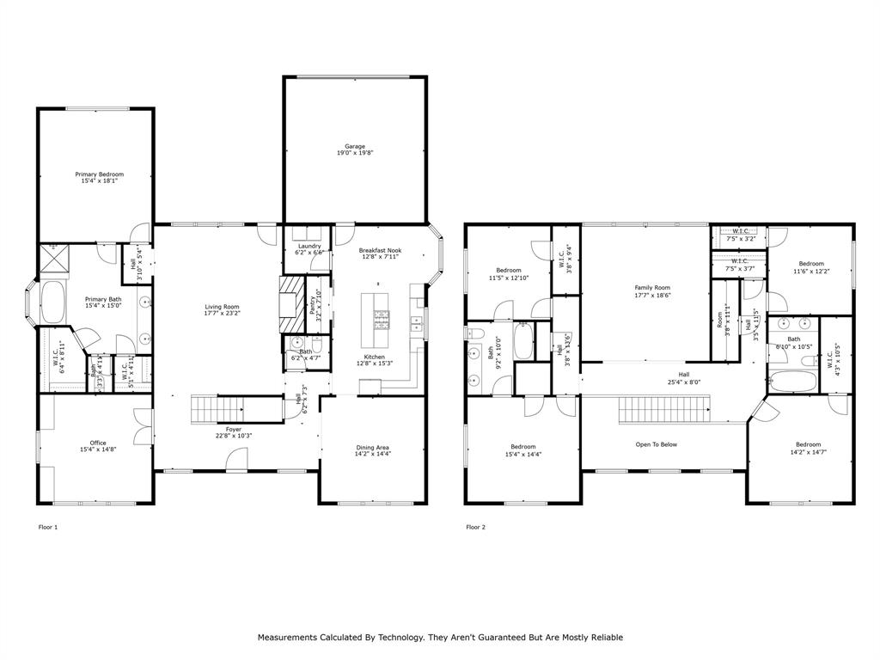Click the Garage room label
tap(354, 147)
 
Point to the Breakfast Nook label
tap(380, 250)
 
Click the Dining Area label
tap(373, 448)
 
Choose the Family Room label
tap(652, 288)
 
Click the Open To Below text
tap(657, 444)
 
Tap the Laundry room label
tap(308, 245)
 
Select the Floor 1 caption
tap(48, 527)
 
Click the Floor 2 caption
tap(475, 527)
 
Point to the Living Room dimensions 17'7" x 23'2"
tap(222, 314)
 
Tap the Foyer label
tap(234, 428)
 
